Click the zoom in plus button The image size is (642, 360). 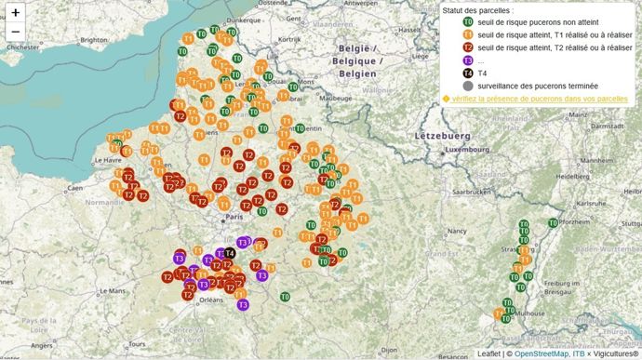pyautogui.click(x=15, y=13)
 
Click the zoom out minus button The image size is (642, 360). pyautogui.click(x=15, y=32)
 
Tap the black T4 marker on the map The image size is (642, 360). pyautogui.click(x=230, y=253)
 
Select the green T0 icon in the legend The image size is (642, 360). pyautogui.click(x=468, y=21)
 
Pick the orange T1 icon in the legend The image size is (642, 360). pyautogui.click(x=468, y=34)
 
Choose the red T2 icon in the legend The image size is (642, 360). pyautogui.click(x=468, y=47)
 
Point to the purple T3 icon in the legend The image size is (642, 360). pyautogui.click(x=468, y=60)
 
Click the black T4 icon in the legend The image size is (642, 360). pyautogui.click(x=468, y=73)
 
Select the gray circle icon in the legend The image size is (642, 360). pyautogui.click(x=468, y=86)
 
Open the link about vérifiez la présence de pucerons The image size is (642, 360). pyautogui.click(x=539, y=99)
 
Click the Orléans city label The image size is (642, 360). pyautogui.click(x=212, y=300)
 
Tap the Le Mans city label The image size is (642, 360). pyautogui.click(x=114, y=290)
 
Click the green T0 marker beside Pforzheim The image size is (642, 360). pyautogui.click(x=553, y=223)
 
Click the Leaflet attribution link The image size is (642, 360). pyautogui.click(x=489, y=353)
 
